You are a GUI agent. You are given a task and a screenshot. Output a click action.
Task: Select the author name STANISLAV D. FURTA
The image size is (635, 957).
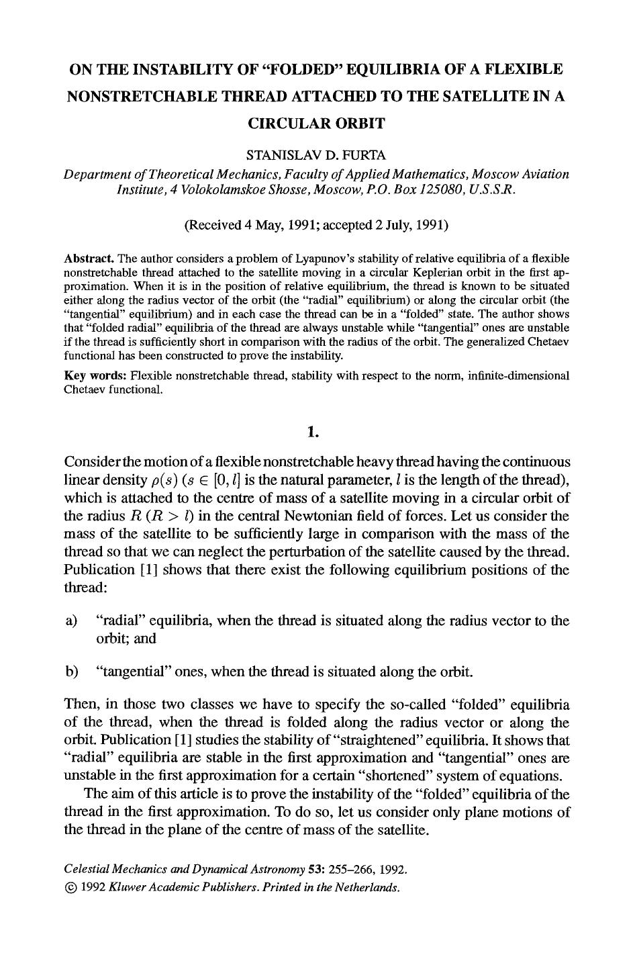(316, 155)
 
